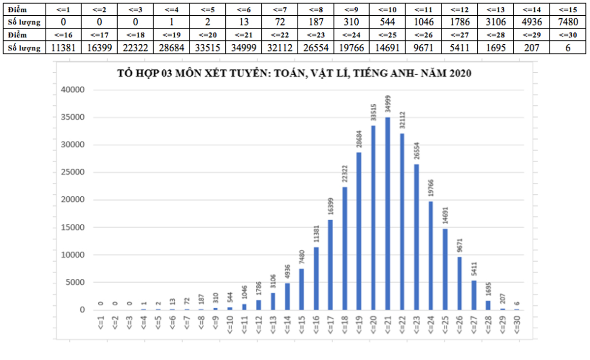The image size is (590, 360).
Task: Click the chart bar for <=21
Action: [388, 213]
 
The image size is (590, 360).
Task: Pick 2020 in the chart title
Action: [460, 74]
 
